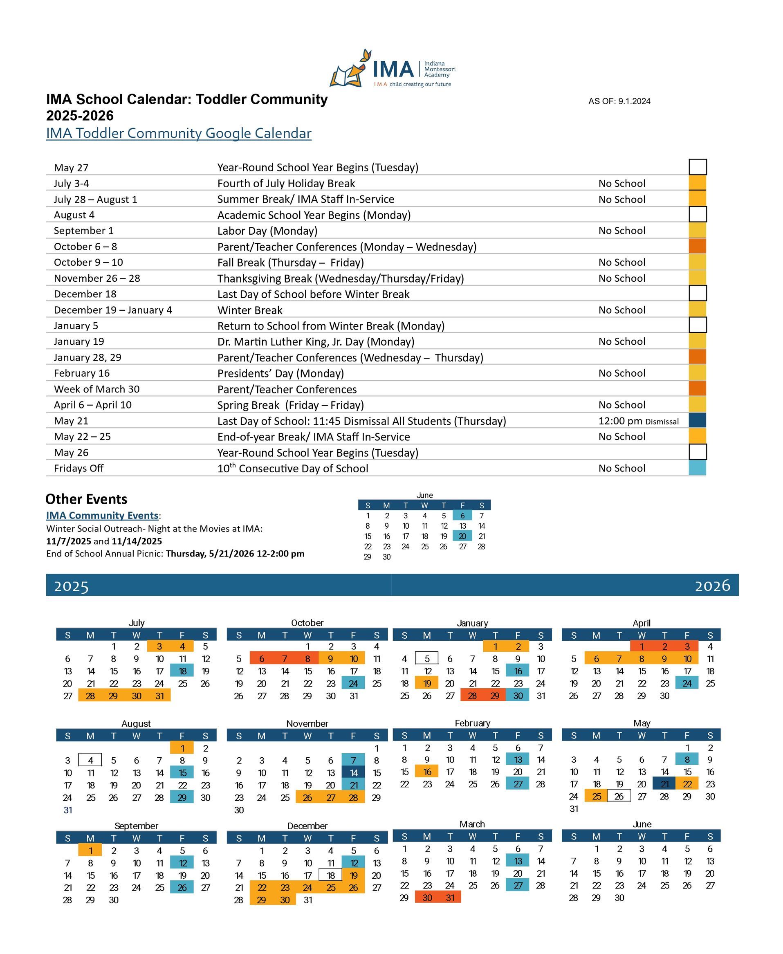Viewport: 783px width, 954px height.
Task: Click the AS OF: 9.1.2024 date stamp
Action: [x=619, y=101]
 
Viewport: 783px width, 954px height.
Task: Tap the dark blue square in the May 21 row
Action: [x=697, y=420]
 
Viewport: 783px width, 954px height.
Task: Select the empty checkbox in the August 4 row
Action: [x=697, y=214]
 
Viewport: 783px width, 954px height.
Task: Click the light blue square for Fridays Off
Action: [x=697, y=468]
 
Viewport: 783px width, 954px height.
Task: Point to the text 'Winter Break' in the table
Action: [x=250, y=310]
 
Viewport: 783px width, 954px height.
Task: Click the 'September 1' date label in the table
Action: [x=83, y=231]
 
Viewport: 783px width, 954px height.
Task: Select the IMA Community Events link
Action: [x=102, y=515]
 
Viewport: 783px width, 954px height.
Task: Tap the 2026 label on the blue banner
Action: [x=712, y=586]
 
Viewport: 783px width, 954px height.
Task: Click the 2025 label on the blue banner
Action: [x=71, y=586]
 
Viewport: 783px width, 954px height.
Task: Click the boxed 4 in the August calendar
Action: [x=90, y=760]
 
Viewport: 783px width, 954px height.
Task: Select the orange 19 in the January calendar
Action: [x=427, y=683]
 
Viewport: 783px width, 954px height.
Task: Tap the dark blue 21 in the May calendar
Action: [x=664, y=784]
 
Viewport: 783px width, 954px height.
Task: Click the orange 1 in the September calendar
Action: [x=90, y=850]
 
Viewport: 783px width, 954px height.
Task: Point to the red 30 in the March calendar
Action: [x=427, y=898]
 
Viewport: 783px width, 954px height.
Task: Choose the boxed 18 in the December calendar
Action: [x=331, y=875]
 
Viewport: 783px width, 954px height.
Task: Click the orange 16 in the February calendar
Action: [x=427, y=772]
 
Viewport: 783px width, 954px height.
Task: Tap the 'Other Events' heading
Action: [x=86, y=499]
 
